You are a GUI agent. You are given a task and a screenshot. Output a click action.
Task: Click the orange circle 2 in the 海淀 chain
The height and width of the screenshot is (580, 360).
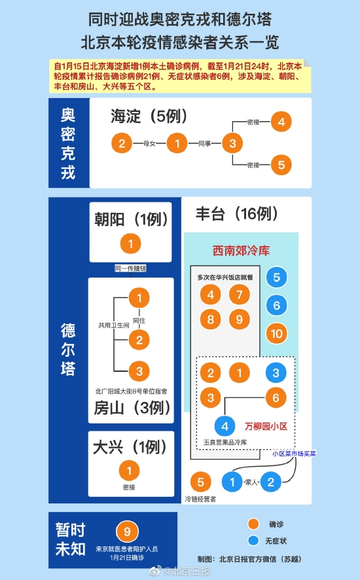pyautogui.click(x=122, y=143)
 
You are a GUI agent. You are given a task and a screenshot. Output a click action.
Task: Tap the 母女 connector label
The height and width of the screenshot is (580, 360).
pyautogui.click(x=149, y=143)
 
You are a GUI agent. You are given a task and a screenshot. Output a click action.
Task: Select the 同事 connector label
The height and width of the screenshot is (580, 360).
pyautogui.click(x=205, y=143)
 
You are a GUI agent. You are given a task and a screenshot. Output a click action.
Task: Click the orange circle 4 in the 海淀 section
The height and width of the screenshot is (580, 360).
pyautogui.click(x=281, y=122)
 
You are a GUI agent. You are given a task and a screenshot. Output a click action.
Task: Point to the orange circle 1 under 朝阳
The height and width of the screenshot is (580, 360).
pyautogui.click(x=131, y=244)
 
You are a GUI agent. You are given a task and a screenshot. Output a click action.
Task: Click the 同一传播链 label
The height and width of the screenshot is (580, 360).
pyautogui.click(x=131, y=268)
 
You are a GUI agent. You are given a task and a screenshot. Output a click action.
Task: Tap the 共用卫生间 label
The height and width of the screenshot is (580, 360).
pyautogui.click(x=114, y=325)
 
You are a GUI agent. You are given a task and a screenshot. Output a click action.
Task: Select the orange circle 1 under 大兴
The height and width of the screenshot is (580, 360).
pyautogui.click(x=129, y=471)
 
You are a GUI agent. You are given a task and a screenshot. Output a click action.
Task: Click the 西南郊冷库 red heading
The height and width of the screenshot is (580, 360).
pyautogui.click(x=242, y=251)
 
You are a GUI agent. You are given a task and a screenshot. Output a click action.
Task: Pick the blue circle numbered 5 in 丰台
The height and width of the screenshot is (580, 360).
pyautogui.click(x=277, y=277)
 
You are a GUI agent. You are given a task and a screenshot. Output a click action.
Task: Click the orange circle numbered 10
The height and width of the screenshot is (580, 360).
pyautogui.click(x=277, y=334)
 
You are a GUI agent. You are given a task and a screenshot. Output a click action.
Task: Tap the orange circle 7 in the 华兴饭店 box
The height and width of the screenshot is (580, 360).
pyautogui.click(x=240, y=295)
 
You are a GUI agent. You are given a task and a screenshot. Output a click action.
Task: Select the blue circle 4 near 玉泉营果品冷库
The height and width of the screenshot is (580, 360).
pyautogui.click(x=225, y=426)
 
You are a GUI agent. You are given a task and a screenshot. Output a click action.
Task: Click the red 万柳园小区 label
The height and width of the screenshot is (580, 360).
pyautogui.click(x=266, y=426)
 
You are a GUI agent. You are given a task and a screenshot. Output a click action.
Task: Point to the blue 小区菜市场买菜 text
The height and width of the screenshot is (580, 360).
pyautogui.click(x=294, y=454)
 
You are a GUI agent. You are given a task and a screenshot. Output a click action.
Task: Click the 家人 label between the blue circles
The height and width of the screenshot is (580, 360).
pyautogui.click(x=251, y=482)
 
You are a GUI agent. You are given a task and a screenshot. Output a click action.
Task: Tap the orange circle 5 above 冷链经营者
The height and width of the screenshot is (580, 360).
pyautogui.click(x=200, y=482)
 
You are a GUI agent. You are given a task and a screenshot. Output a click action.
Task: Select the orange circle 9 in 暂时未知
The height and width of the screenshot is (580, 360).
pyautogui.click(x=127, y=532)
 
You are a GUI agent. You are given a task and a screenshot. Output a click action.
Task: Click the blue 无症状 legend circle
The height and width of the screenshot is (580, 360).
pyautogui.click(x=253, y=541)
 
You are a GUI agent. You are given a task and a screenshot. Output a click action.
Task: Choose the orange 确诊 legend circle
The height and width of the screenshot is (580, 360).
pyautogui.click(x=253, y=524)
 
